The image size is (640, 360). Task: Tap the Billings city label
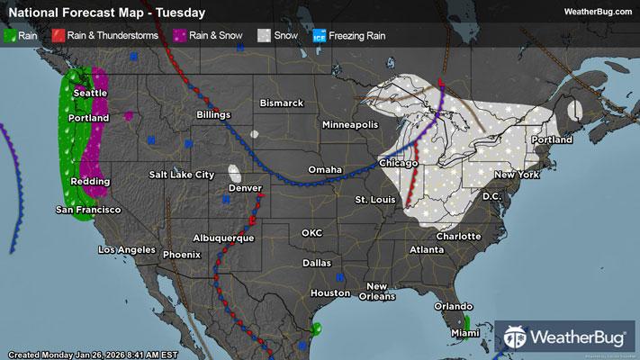[215, 115]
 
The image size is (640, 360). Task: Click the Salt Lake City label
[182, 174]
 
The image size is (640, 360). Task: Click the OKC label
[311, 232]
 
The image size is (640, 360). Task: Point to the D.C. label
[491, 195]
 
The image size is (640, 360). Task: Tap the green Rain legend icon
[10, 37]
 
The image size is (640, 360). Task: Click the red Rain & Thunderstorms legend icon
[58, 37]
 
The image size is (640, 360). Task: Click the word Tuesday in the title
[181, 13]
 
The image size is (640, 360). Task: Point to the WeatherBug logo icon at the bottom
[516, 339]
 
